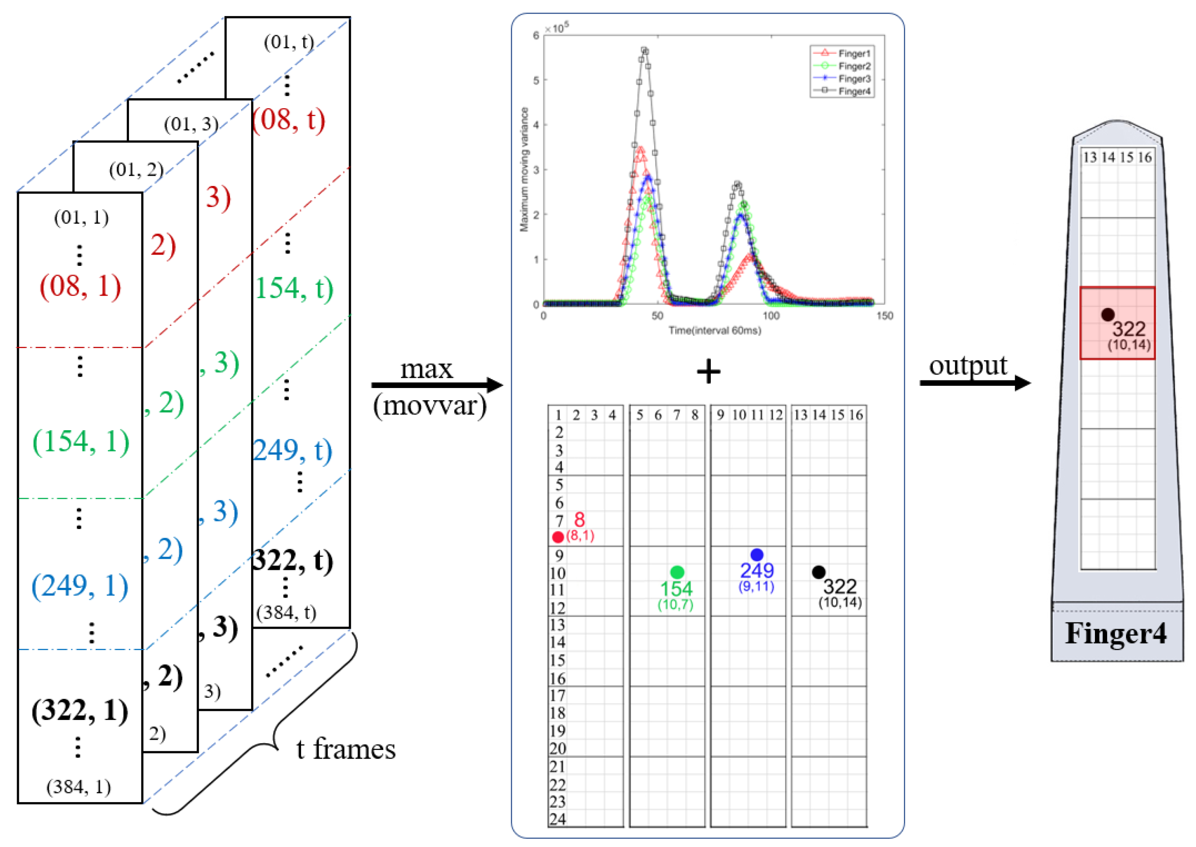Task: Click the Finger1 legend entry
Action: [x=854, y=53]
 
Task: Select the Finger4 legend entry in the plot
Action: [x=854, y=91]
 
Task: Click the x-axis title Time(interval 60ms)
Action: [x=714, y=331]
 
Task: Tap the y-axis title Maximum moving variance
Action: [x=524, y=169]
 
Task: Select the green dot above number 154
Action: [x=677, y=572]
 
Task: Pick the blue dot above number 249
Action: [x=757, y=554]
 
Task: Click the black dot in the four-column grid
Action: [x=818, y=572]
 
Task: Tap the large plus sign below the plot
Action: [x=708, y=372]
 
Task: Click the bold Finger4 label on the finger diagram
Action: [x=1116, y=633]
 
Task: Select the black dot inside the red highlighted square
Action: [x=1108, y=314]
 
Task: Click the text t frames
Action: [x=346, y=749]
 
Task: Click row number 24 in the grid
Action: [x=557, y=819]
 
